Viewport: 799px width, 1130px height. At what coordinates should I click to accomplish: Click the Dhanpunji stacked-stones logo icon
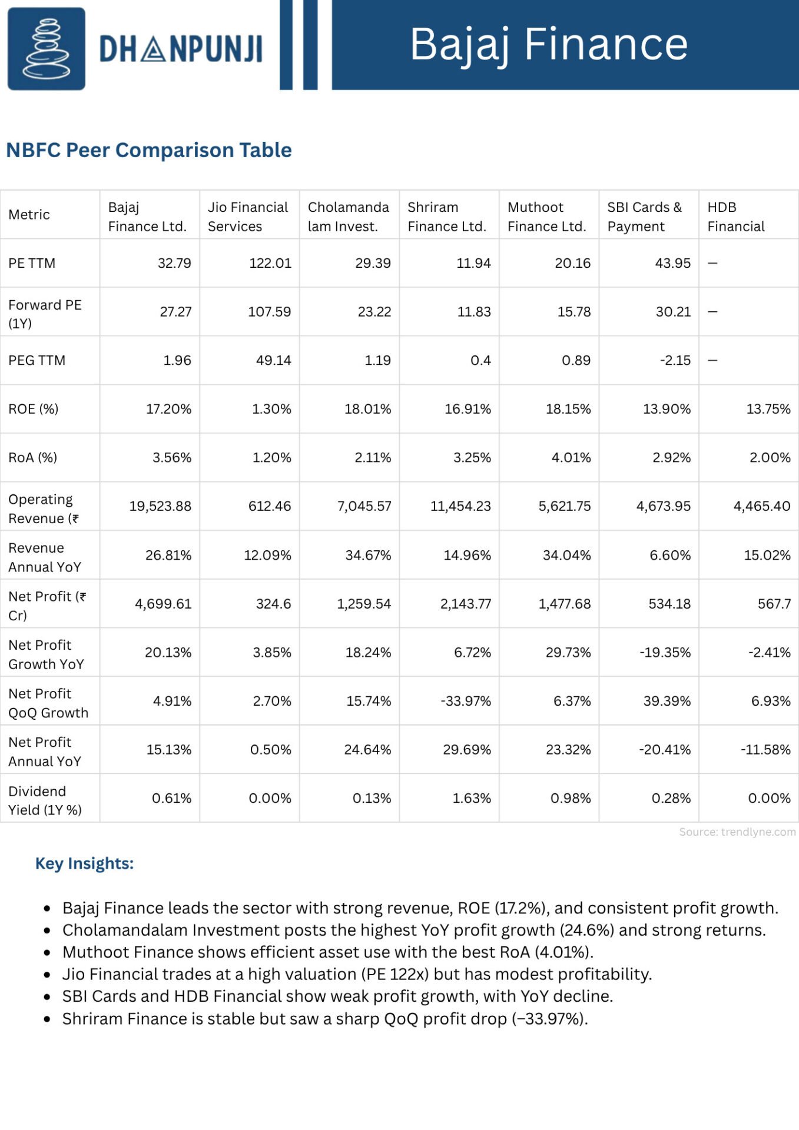tap(46, 49)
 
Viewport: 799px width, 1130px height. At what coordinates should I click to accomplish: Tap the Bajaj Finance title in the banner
tap(549, 45)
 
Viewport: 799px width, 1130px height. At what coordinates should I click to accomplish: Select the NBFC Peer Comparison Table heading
tap(149, 150)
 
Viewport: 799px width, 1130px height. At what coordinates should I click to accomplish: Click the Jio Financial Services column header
tap(248, 217)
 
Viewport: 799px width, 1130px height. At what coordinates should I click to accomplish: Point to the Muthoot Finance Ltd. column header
tap(547, 217)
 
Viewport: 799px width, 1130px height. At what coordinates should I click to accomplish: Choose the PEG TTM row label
tap(37, 360)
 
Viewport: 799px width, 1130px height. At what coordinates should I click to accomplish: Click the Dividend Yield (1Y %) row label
tap(45, 800)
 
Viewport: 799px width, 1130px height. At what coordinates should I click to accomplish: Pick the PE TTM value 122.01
tap(270, 263)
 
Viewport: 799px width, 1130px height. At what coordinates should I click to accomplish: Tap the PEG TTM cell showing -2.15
tap(675, 360)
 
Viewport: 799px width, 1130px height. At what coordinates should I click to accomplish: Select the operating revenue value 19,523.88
tap(160, 506)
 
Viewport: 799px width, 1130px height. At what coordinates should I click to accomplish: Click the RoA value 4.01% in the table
tap(571, 457)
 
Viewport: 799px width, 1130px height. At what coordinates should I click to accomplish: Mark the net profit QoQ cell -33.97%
tap(466, 701)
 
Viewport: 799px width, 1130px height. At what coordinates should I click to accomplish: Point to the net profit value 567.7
tap(774, 604)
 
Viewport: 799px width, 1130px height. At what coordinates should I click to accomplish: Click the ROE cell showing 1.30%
tap(271, 409)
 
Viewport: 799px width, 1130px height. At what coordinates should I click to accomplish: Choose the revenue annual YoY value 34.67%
tap(368, 555)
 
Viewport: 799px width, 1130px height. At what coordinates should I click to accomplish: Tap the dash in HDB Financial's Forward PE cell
tap(712, 311)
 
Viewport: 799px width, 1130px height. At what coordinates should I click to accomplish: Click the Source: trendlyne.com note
tap(737, 832)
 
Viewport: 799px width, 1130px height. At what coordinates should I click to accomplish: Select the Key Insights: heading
tap(85, 863)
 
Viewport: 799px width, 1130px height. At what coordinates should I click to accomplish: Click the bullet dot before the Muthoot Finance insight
tap(47, 953)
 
